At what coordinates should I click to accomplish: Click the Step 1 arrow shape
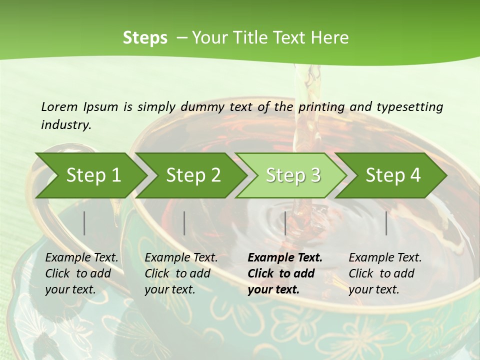click(x=93, y=175)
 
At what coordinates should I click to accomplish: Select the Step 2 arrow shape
click(x=193, y=175)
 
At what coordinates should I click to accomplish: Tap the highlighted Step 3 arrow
click(x=293, y=175)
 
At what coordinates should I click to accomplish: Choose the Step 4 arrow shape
click(x=393, y=175)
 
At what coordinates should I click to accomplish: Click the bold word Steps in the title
click(x=145, y=38)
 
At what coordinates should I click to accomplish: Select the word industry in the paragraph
click(x=65, y=124)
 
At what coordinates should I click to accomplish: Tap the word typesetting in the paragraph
click(x=409, y=106)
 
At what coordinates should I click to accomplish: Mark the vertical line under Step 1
click(x=84, y=223)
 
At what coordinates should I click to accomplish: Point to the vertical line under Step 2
click(x=184, y=223)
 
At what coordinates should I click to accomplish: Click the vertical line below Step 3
click(x=285, y=223)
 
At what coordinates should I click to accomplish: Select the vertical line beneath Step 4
click(x=386, y=223)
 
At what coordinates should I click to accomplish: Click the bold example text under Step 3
click(x=284, y=273)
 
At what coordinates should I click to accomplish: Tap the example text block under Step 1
click(x=81, y=273)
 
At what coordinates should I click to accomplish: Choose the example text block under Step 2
click(x=181, y=273)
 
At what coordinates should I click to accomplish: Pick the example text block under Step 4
click(x=385, y=273)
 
